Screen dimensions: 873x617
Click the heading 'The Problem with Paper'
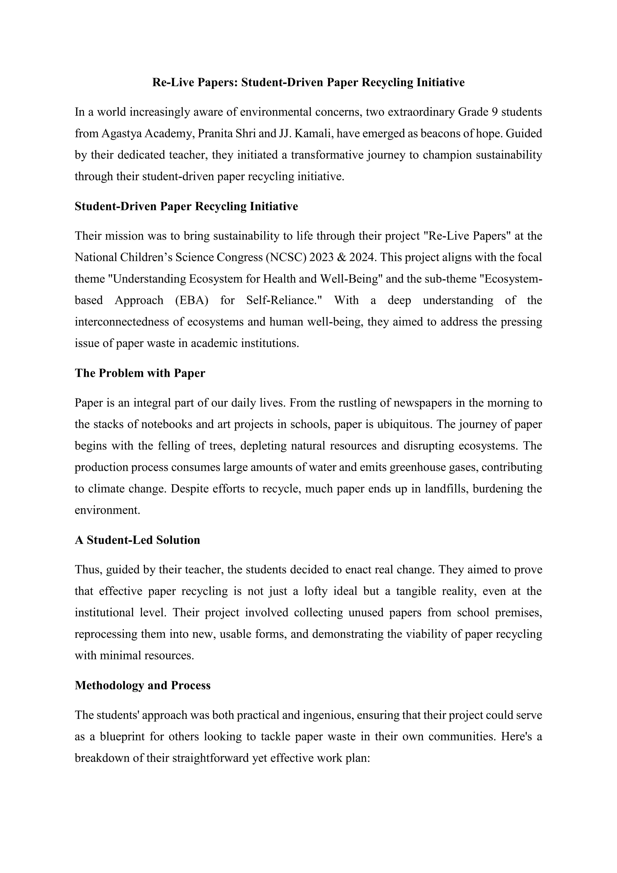pyautogui.click(x=140, y=373)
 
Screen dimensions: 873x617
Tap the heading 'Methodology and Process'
pyautogui.click(x=143, y=685)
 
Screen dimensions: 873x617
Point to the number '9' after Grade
pyautogui.click(x=497, y=112)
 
